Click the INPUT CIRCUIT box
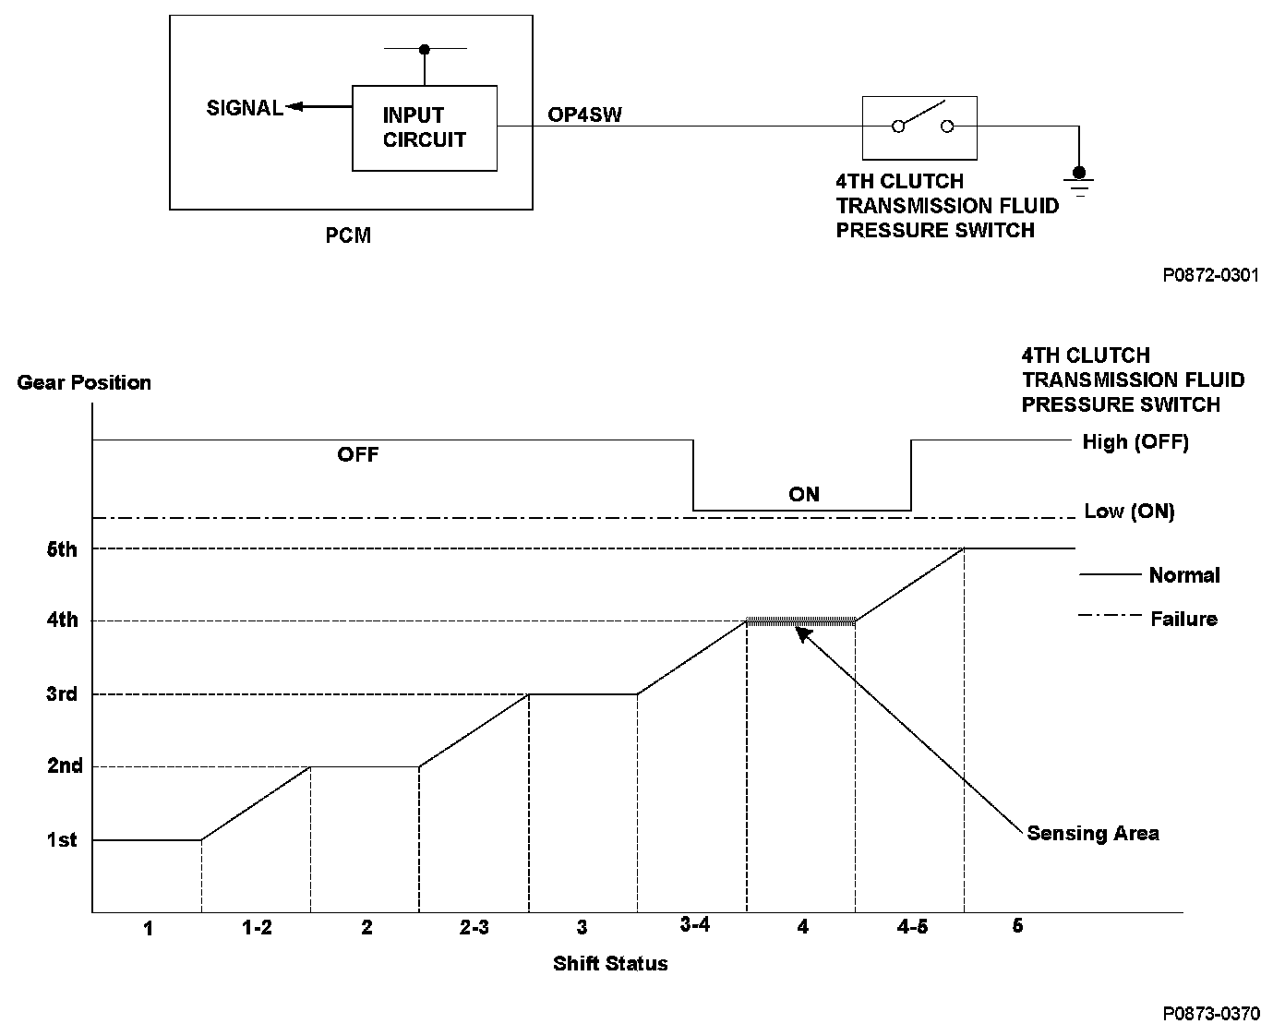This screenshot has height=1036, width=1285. [x=425, y=128]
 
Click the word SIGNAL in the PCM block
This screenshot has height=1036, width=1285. [x=245, y=108]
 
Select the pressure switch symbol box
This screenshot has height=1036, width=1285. [x=919, y=127]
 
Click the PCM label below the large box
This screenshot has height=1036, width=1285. [x=348, y=235]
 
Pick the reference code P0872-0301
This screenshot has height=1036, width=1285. [x=1210, y=275]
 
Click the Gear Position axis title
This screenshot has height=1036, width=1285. [x=84, y=382]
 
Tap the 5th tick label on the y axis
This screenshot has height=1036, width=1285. [x=62, y=549]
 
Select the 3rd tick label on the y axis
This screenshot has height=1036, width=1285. [x=62, y=694]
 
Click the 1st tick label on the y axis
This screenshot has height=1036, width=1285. [x=62, y=840]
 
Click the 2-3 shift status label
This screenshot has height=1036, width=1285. [x=474, y=927]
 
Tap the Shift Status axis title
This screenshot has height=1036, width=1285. [x=610, y=964]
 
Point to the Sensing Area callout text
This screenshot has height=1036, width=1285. [x=1093, y=834]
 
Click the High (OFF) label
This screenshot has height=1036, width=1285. [x=1135, y=442]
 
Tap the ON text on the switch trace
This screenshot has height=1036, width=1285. [x=804, y=494]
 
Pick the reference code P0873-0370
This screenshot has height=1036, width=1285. [x=1210, y=1013]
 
